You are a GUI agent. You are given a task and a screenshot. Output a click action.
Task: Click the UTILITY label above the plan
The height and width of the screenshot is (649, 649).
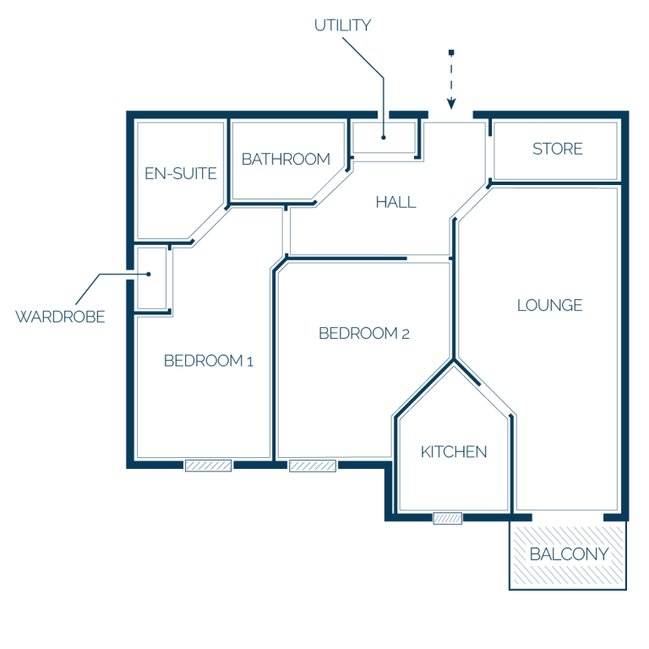[x=342, y=25]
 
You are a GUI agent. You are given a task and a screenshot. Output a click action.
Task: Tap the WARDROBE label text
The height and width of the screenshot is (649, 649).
[x=61, y=317]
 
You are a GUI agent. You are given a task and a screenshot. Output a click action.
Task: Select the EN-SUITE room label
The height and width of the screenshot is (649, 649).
[x=181, y=173]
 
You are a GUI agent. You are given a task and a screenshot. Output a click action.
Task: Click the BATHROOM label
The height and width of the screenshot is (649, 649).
[x=286, y=160]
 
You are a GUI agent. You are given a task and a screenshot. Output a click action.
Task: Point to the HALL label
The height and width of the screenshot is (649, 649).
[x=395, y=203]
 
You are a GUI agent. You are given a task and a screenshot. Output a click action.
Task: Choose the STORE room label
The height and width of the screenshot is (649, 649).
[x=558, y=149]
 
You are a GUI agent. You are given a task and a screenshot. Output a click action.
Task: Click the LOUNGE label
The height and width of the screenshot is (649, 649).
[x=549, y=305]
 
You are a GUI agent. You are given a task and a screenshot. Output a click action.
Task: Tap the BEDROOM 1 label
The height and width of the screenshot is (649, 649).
[x=208, y=361]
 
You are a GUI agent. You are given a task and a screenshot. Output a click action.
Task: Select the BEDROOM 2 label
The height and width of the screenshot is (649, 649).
[x=364, y=334]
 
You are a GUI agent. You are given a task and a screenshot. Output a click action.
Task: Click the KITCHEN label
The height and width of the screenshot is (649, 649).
[x=454, y=452]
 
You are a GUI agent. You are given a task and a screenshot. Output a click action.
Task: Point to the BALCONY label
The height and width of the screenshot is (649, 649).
[x=569, y=554]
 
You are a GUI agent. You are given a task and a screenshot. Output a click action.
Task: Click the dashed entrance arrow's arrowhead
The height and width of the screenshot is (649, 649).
[x=451, y=103]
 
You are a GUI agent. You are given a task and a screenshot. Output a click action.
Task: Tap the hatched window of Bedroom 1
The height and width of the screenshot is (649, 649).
[x=208, y=466]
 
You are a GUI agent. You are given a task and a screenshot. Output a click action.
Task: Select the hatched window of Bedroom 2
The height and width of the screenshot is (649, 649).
[x=313, y=466]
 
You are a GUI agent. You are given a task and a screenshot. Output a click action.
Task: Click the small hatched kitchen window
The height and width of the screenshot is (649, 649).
[x=447, y=518]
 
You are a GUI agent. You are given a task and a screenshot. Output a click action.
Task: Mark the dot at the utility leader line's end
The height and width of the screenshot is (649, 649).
[x=384, y=138]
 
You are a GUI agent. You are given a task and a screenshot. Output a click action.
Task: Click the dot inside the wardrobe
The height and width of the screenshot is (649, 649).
[x=149, y=274]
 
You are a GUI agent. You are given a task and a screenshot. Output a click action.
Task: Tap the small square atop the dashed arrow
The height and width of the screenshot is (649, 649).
[x=451, y=52]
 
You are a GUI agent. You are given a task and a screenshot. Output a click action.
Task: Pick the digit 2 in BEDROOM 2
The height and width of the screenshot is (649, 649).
[x=406, y=335]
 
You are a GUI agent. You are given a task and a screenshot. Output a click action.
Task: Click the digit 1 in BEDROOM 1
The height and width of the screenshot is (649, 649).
[x=250, y=363]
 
